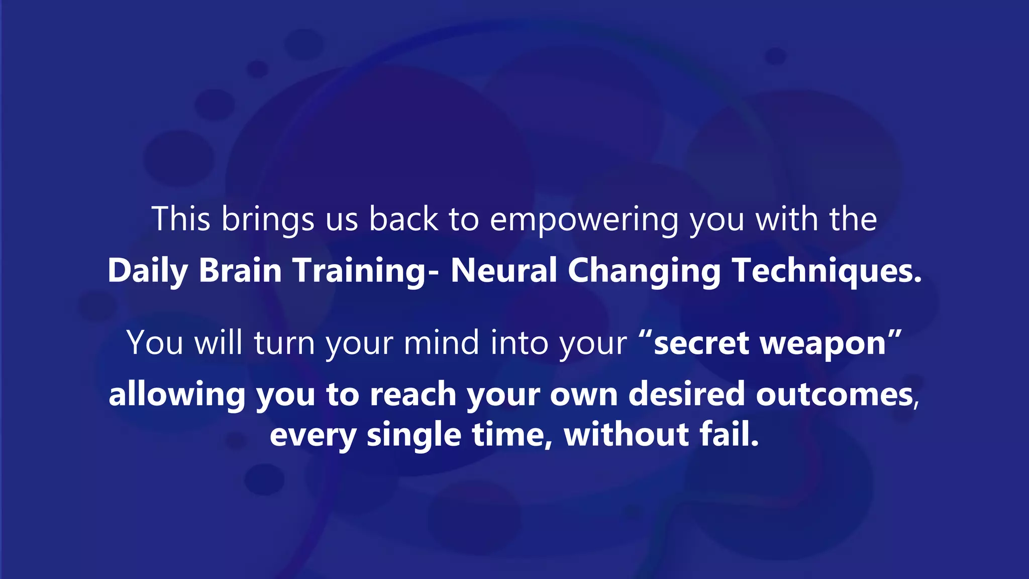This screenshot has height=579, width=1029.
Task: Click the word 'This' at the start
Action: pos(181,219)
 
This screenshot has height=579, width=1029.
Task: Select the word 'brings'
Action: pos(268,220)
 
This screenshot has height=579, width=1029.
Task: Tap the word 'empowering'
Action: pos(584,220)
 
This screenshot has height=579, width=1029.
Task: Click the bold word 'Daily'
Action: pos(148,271)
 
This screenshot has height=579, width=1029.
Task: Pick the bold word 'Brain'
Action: pos(240,270)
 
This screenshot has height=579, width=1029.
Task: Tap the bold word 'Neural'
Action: pos(504,270)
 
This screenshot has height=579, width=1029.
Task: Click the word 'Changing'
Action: pos(644,271)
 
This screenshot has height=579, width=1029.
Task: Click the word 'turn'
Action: pos(284,343)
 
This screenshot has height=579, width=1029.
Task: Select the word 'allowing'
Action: pos(177,395)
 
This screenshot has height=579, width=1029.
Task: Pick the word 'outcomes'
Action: pos(835,394)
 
